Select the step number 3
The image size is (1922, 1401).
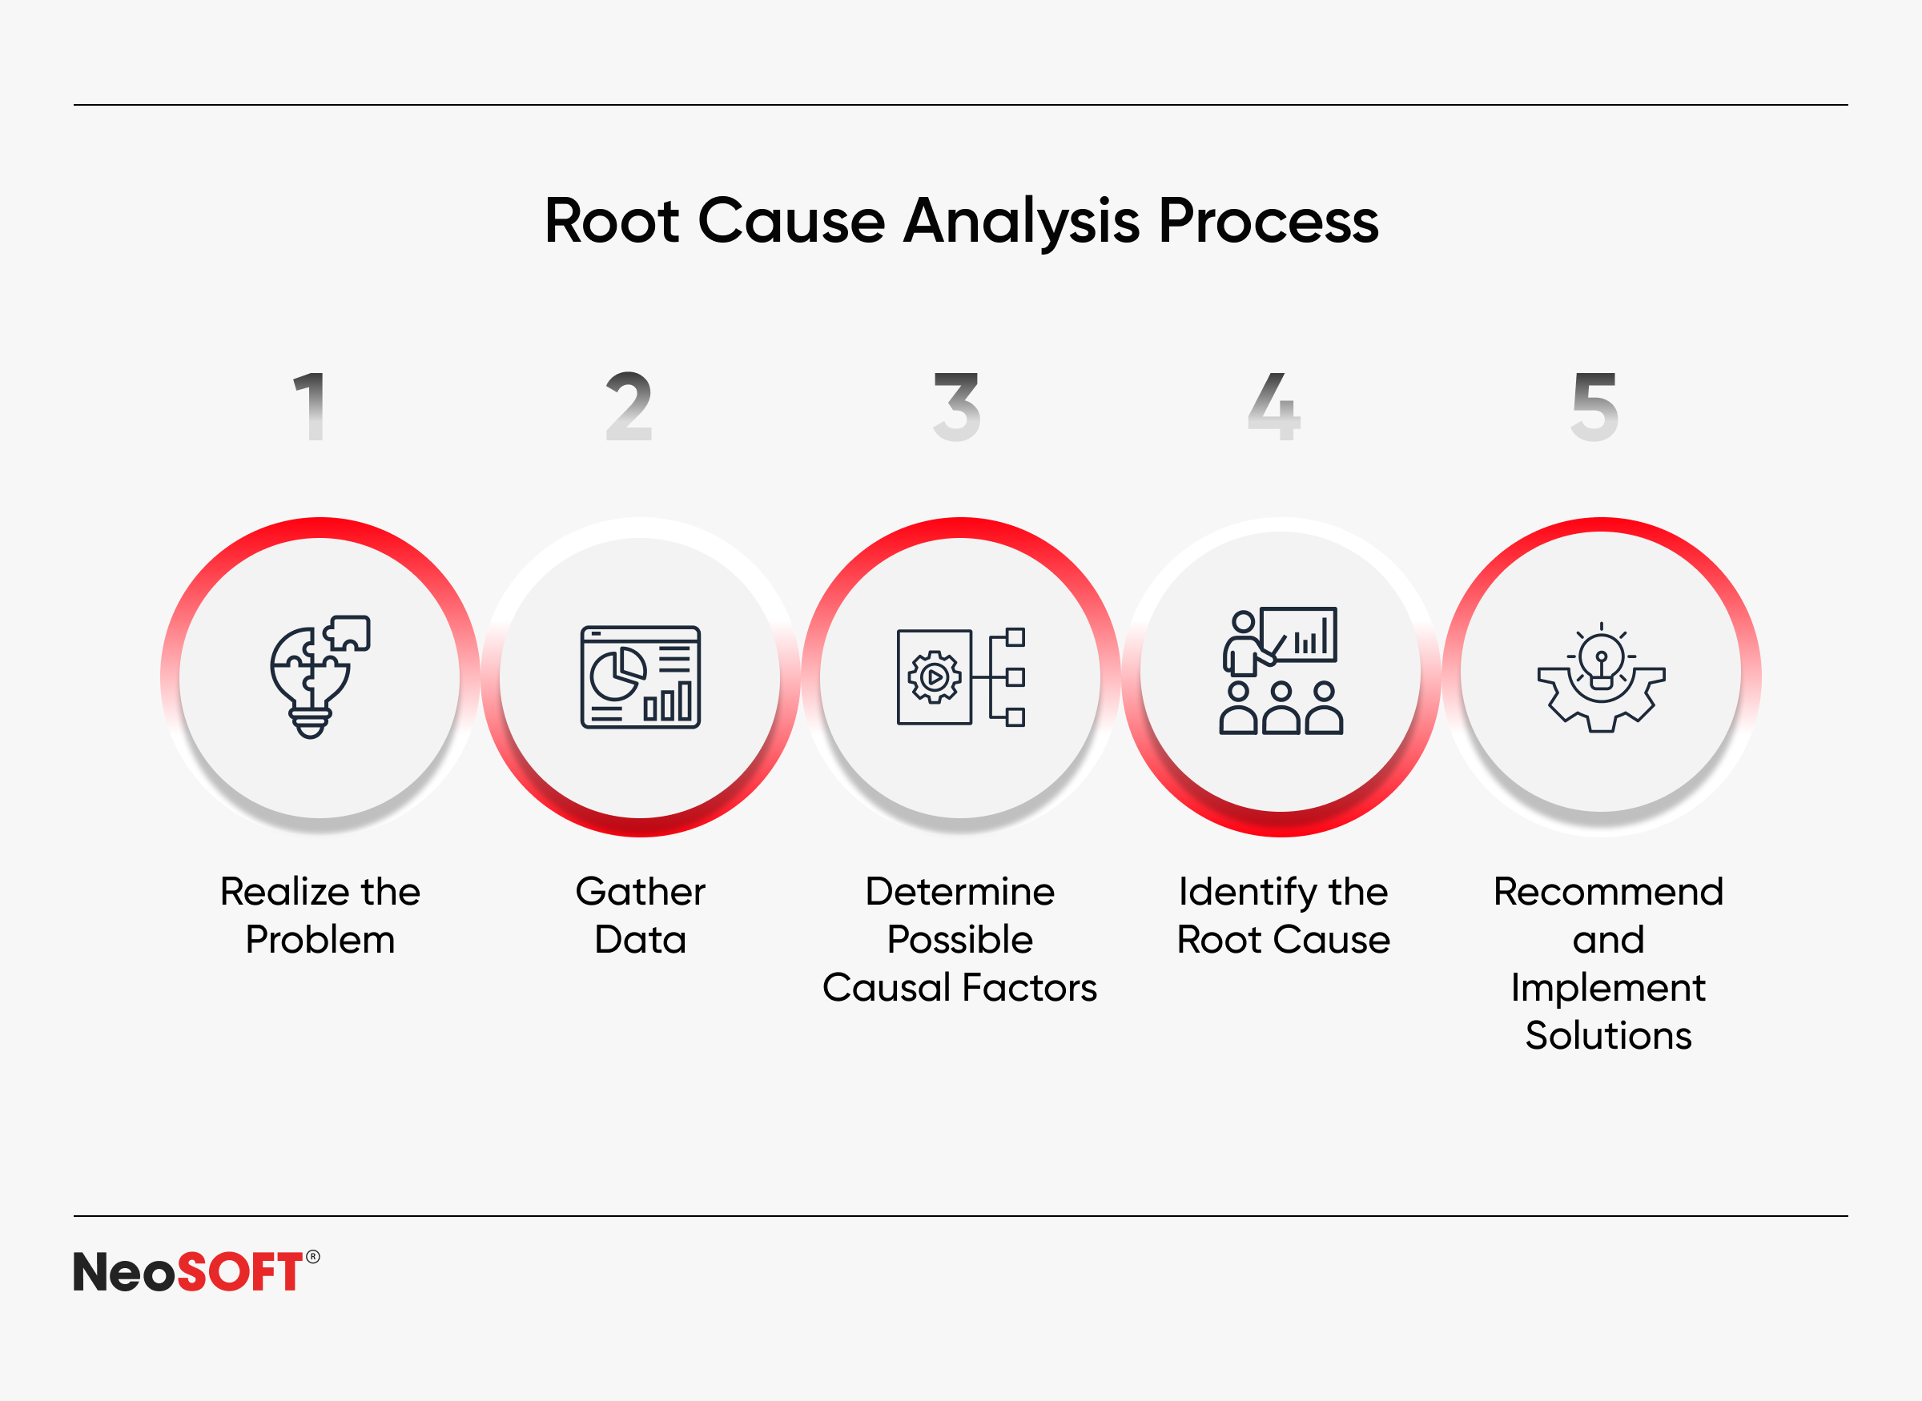pyautogui.click(x=957, y=407)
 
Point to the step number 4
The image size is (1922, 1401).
pyautogui.click(x=1274, y=406)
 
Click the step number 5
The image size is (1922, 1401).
pyautogui.click(x=1594, y=407)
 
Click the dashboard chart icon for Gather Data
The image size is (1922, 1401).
pyautogui.click(x=641, y=676)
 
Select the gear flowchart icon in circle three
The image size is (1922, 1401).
pyautogui.click(x=961, y=676)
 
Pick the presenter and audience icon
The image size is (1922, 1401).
pyautogui.click(x=1281, y=670)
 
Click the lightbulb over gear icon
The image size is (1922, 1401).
pyautogui.click(x=1602, y=676)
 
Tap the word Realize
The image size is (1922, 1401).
pyautogui.click(x=285, y=892)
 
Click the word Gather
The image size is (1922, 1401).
pyautogui.click(x=641, y=892)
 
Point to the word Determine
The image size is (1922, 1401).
pyautogui.click(x=960, y=892)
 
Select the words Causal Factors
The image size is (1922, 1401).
pyautogui.click(x=960, y=988)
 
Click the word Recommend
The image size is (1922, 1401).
pyautogui.click(x=1608, y=892)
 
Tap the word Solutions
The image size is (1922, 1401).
pyautogui.click(x=1608, y=1036)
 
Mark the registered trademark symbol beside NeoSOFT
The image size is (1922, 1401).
pyautogui.click(x=313, y=1257)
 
